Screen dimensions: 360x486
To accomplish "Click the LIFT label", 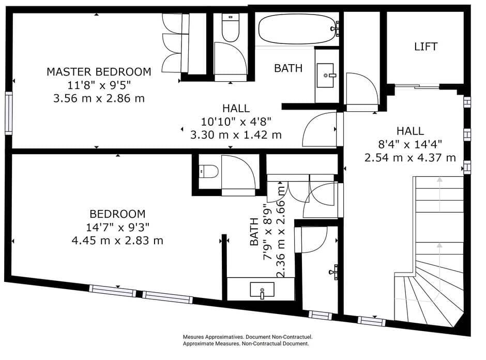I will (426, 47).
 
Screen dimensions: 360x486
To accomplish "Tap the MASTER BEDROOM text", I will (99, 71).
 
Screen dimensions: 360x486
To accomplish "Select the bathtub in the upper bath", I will (296, 29).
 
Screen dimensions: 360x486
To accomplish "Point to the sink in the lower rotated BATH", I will (262, 290).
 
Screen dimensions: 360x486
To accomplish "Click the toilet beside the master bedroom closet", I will (229, 28).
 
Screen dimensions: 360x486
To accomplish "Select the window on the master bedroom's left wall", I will (8, 113).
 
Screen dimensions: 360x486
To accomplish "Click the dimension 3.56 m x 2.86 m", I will (99, 98).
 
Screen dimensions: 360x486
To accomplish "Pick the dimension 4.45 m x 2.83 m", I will (117, 240).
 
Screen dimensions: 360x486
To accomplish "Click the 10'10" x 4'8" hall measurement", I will (236, 122).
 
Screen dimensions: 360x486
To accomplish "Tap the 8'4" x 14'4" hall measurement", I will (410, 144).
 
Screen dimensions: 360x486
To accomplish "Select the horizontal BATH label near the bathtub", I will (288, 68).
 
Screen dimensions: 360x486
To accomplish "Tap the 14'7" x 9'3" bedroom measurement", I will (117, 227).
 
